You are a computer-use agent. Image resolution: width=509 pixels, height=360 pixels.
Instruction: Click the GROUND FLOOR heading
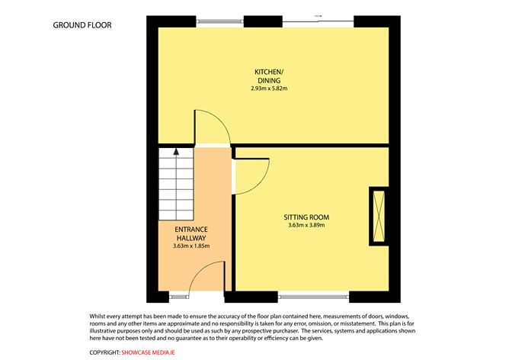82,24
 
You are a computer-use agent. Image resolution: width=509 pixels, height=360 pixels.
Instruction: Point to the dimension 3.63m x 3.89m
307,225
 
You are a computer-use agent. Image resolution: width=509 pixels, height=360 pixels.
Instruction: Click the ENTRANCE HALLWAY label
191,233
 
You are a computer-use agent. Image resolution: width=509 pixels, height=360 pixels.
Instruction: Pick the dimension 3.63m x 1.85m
191,246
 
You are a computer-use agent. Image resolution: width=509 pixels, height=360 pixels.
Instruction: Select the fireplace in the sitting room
377,216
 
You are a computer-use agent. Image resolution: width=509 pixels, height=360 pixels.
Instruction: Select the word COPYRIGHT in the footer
104,352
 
